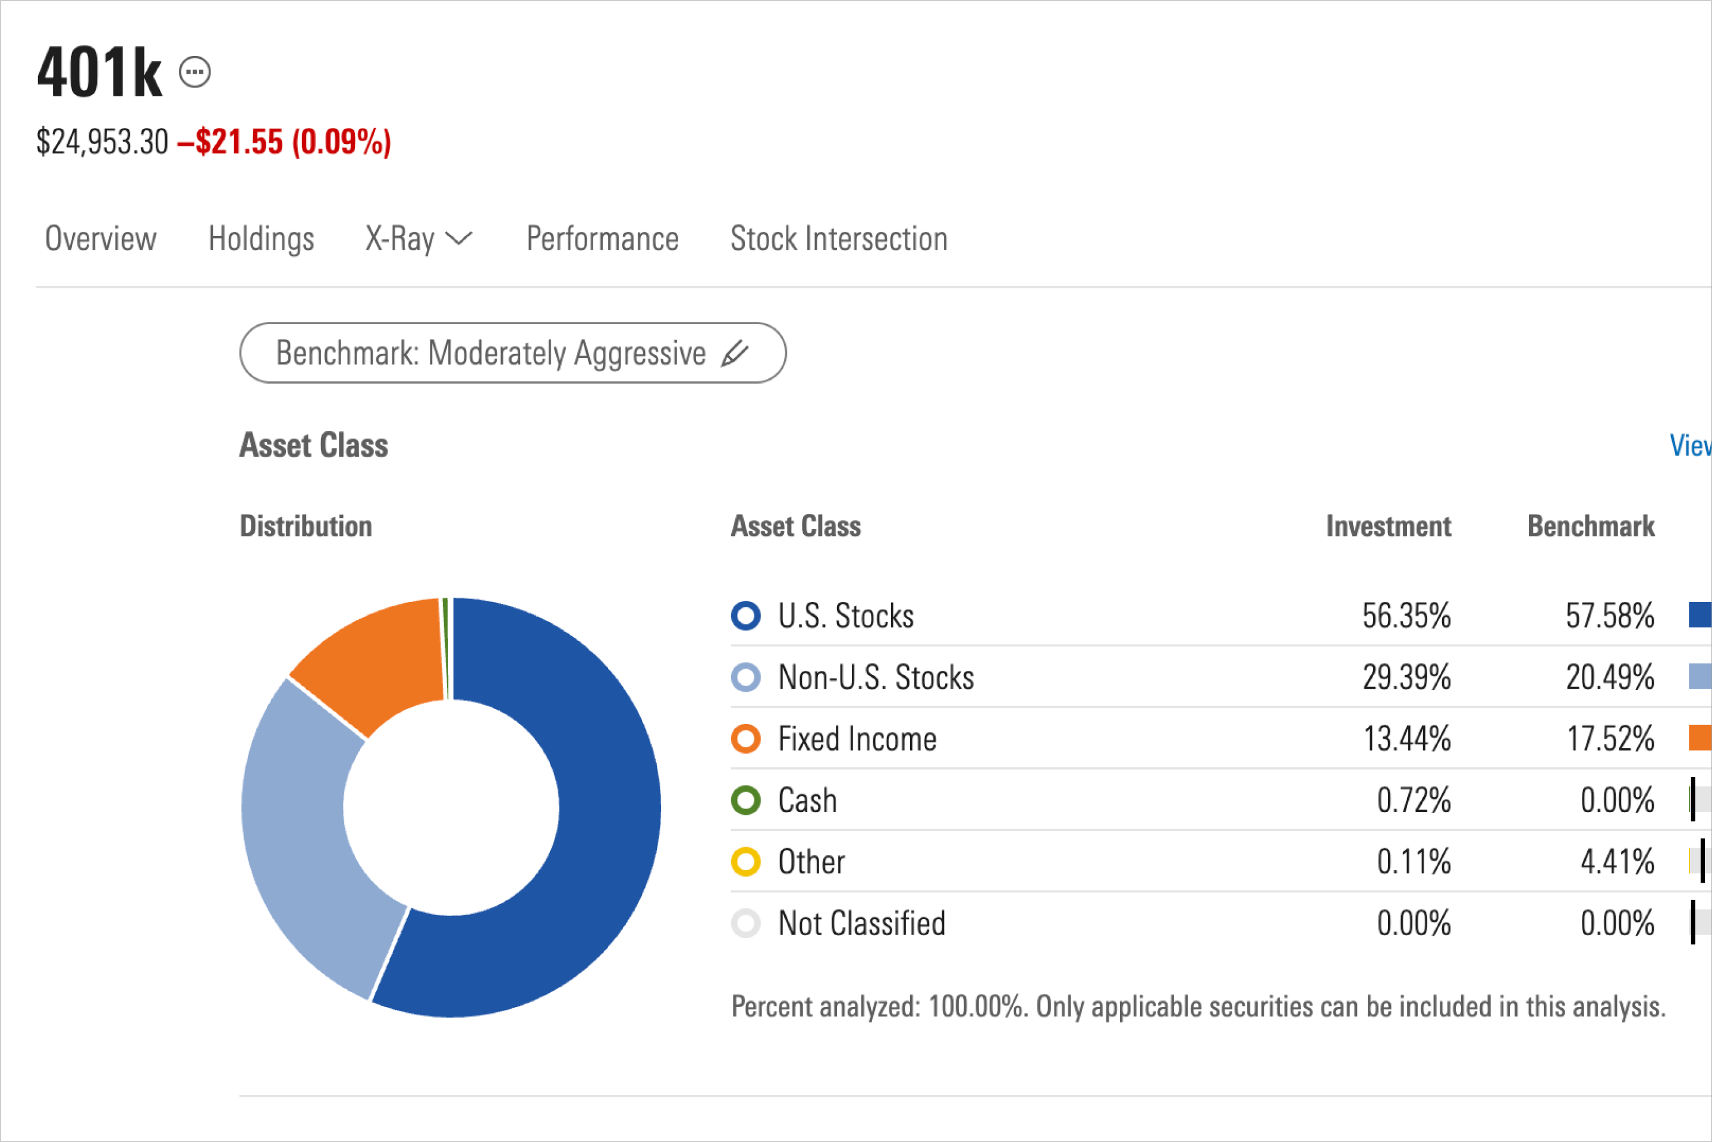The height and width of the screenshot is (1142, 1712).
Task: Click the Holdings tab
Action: [260, 239]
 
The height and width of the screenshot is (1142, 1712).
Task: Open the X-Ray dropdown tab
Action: [418, 239]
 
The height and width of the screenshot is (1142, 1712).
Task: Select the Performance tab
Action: [602, 239]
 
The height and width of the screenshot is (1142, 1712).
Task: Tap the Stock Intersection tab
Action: [839, 239]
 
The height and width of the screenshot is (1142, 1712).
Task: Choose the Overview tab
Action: [100, 239]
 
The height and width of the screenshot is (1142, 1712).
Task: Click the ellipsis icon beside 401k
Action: [195, 72]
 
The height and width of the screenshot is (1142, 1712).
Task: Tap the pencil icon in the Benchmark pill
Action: [735, 353]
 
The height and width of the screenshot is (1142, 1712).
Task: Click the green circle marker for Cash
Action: [745, 801]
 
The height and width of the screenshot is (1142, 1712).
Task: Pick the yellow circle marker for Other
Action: [745, 862]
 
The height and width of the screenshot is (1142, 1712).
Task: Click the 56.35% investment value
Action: [1406, 616]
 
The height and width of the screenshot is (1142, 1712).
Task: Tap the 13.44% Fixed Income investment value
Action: [1406, 739]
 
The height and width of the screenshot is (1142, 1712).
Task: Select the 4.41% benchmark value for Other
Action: [1617, 862]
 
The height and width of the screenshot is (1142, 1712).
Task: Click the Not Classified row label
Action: [861, 924]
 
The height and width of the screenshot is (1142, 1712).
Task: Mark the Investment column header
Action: [1388, 526]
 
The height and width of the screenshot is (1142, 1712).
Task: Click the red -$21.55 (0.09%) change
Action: [284, 142]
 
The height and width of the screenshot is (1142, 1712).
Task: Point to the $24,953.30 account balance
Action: [102, 142]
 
